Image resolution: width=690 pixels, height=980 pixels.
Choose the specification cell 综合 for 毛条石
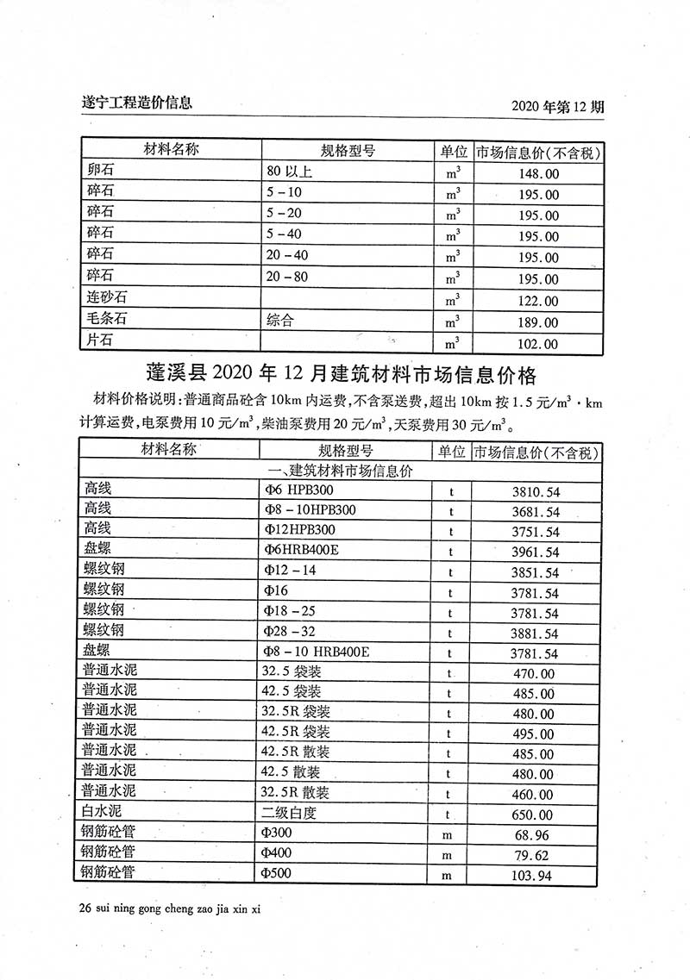[x=280, y=321]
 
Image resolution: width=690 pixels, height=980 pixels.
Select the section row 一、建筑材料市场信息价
[x=342, y=471]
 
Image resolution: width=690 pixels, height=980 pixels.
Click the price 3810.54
[x=535, y=492]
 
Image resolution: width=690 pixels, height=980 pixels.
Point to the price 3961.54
[x=535, y=552]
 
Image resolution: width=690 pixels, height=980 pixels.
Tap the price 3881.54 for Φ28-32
[x=535, y=634]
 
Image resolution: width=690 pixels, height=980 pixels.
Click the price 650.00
[x=535, y=815]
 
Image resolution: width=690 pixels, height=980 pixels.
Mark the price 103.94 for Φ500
[x=535, y=877]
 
